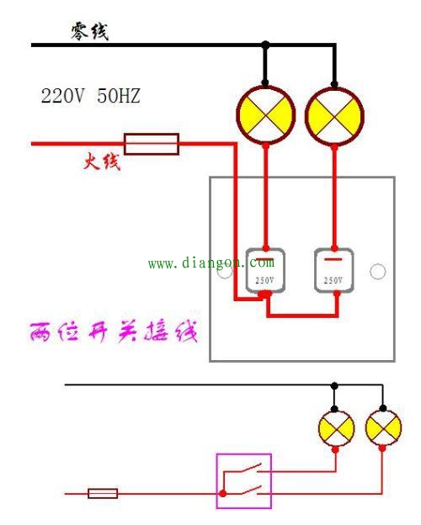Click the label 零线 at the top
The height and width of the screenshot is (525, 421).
(x=89, y=32)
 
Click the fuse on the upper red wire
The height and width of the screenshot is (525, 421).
(x=152, y=143)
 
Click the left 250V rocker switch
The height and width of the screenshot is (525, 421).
(x=265, y=270)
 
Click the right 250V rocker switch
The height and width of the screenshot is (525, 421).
(x=334, y=270)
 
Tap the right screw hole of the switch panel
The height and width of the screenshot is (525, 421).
(x=378, y=271)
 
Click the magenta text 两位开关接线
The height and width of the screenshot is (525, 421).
(x=114, y=331)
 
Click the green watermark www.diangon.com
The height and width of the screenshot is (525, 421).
(x=210, y=263)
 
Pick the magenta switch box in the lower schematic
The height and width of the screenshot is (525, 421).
(x=244, y=480)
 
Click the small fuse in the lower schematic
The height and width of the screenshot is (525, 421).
(x=103, y=493)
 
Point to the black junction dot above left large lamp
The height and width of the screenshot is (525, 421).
(x=265, y=44)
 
